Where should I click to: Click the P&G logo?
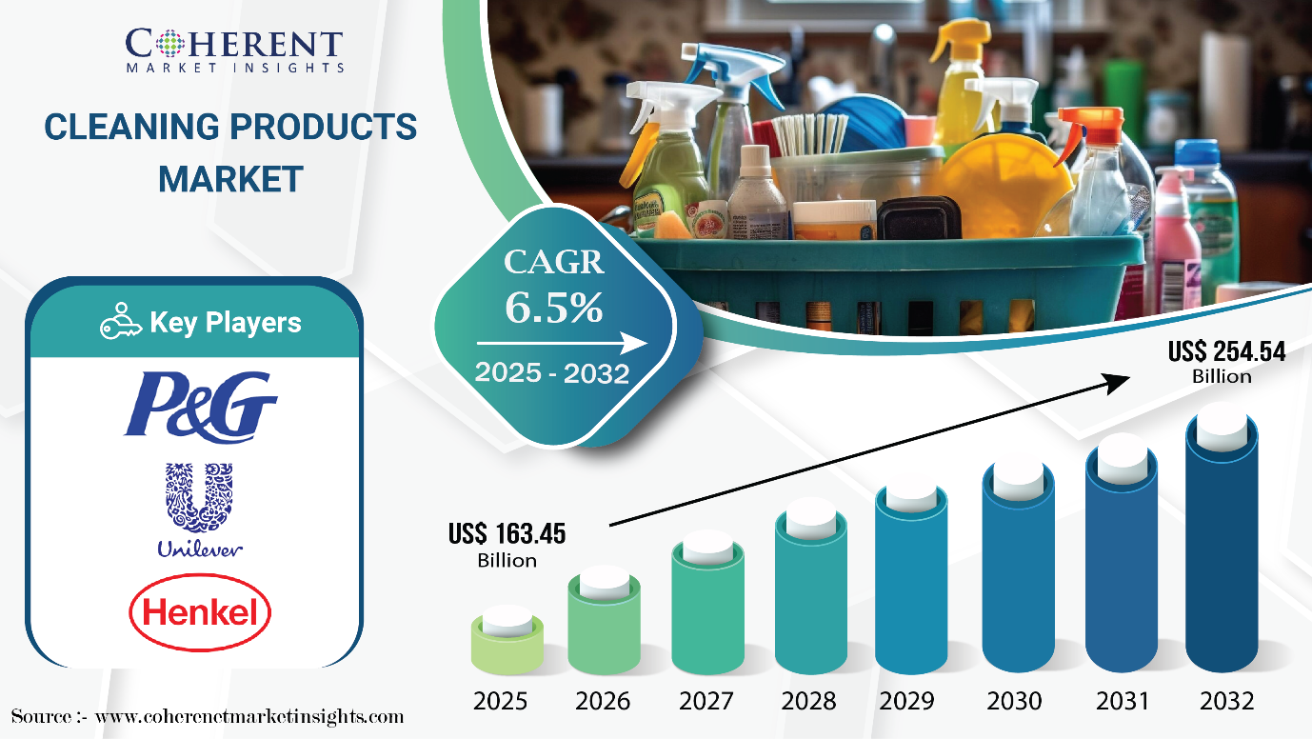click(200, 406)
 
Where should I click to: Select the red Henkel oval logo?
click(200, 611)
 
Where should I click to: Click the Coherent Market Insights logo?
click(234, 50)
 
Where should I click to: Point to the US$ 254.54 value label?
click(1226, 362)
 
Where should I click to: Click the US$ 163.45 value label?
click(507, 545)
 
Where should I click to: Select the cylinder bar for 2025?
click(507, 640)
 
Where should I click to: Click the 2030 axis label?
click(1014, 701)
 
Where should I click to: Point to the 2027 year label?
click(706, 701)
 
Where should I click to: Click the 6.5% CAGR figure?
click(553, 307)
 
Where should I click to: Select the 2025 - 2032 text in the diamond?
click(551, 372)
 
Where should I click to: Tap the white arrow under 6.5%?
click(562, 344)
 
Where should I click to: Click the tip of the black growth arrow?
click(1130, 376)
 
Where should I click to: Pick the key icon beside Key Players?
click(121, 321)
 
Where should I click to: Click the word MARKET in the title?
click(230, 179)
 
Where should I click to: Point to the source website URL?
click(249, 717)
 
